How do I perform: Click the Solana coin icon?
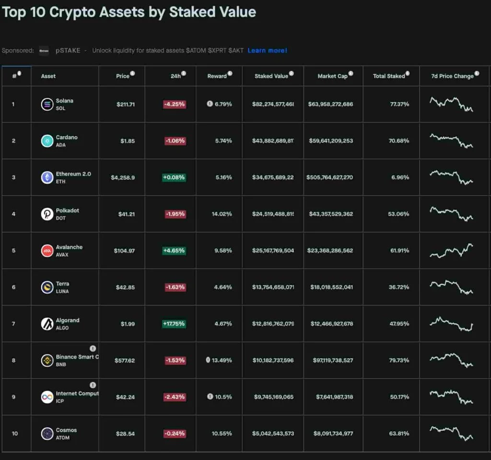click(x=47, y=104)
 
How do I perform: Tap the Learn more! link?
click(x=267, y=50)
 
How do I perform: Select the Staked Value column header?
click(x=271, y=76)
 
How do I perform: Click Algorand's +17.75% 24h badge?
click(x=174, y=324)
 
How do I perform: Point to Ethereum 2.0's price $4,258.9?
click(x=123, y=177)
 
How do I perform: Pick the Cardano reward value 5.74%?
click(x=223, y=141)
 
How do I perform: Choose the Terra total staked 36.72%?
click(x=399, y=287)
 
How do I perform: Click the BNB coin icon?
click(x=47, y=360)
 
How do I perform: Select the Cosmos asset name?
click(x=66, y=430)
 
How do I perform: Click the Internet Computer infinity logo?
click(x=47, y=397)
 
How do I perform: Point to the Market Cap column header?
click(x=332, y=76)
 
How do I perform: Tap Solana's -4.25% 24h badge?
click(x=174, y=104)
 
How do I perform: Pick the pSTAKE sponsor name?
click(x=68, y=50)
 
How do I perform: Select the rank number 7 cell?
click(x=13, y=324)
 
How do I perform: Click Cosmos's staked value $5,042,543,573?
click(x=273, y=434)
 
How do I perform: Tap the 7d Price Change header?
click(x=452, y=76)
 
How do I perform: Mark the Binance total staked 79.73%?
click(x=399, y=360)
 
